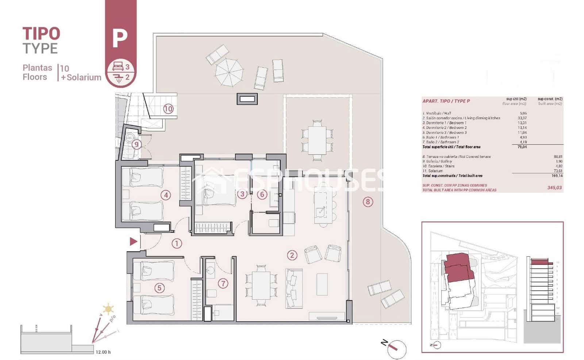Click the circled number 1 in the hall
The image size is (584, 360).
coord(177,244)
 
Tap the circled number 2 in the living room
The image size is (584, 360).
coord(292,255)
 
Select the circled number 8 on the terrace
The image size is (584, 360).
coord(368,202)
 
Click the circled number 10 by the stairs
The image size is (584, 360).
coord(168,109)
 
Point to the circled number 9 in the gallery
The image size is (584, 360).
coord(137,145)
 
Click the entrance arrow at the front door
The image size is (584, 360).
coord(134,241)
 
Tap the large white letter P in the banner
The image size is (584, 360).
coord(120,38)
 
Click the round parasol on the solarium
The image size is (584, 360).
coord(229,72)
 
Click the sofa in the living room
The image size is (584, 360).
coord(294,288)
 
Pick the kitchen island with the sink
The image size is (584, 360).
coord(321,207)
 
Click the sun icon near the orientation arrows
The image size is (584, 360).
coord(108,309)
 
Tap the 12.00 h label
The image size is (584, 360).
coord(103,352)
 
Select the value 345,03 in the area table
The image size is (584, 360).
coord(554,188)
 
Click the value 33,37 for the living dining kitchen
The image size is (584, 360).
coord(522,118)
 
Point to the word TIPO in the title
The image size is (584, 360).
coord(41,34)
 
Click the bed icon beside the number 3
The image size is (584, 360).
coord(118,66)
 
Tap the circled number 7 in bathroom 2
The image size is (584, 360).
coord(223,283)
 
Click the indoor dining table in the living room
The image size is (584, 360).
coord(261,286)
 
